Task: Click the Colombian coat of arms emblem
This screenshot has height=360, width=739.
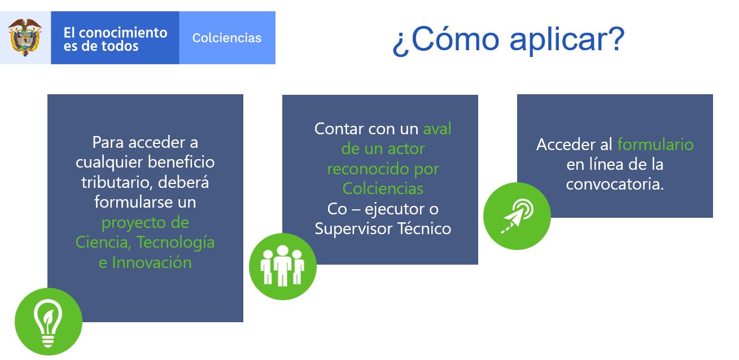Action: (x=25, y=38)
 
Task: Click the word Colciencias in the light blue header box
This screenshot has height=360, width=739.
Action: (x=227, y=38)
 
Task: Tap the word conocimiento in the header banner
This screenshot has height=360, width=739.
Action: (x=123, y=33)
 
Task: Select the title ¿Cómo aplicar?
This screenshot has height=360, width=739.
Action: (x=509, y=39)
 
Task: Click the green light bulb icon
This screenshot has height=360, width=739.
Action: (x=49, y=322)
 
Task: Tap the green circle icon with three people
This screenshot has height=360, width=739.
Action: (x=283, y=266)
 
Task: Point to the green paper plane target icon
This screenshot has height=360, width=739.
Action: (x=517, y=216)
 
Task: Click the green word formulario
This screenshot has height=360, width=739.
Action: (x=655, y=144)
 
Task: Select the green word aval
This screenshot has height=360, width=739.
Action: (x=437, y=129)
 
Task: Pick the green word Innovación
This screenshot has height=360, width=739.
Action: (x=152, y=262)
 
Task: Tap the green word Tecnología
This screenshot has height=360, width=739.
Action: (x=176, y=243)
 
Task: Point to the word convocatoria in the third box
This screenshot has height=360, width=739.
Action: (x=615, y=184)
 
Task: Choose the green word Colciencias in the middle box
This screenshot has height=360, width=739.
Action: (x=383, y=188)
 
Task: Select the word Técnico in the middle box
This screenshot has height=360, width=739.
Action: (x=425, y=229)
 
